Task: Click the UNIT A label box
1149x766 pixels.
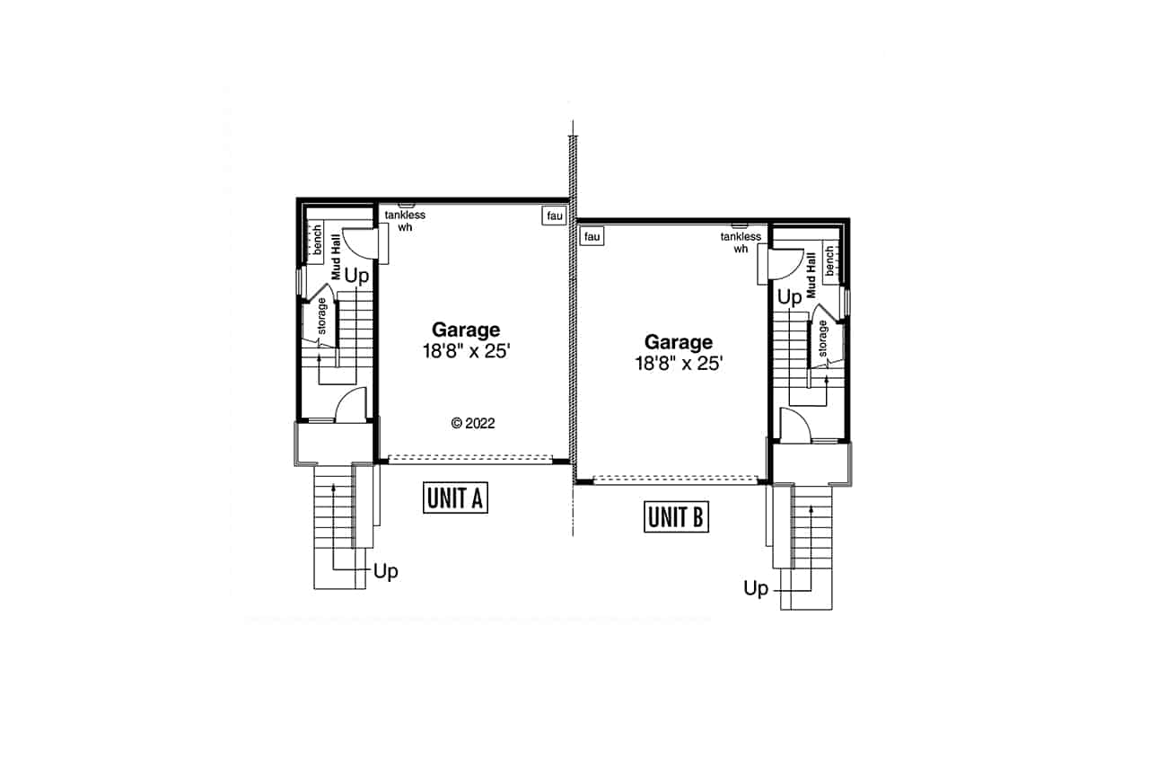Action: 456,498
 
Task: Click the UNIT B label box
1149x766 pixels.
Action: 677,517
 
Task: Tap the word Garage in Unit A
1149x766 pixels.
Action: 466,330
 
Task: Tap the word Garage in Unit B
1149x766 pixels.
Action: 679,342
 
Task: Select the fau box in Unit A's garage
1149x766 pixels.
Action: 552,216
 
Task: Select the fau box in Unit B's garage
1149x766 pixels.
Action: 592,236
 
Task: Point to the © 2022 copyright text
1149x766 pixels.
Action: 473,423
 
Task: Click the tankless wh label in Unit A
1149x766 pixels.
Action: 405,221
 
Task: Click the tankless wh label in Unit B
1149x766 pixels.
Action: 741,242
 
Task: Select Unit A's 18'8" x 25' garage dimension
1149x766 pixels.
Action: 466,352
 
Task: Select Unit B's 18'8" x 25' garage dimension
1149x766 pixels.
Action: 679,364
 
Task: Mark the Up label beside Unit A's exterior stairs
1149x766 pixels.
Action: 385,571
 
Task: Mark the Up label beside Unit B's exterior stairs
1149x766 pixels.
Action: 756,589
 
